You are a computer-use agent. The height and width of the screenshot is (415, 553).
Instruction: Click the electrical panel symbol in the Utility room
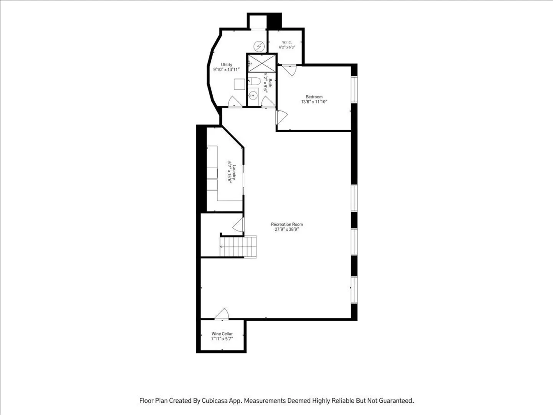click(259, 46)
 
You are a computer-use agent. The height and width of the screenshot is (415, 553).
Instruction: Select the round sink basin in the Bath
click(253, 95)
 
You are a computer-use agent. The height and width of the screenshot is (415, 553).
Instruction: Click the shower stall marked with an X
click(262, 63)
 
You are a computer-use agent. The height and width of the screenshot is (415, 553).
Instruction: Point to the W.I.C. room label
click(287, 42)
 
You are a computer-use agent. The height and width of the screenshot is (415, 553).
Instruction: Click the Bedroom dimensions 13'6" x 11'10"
click(314, 102)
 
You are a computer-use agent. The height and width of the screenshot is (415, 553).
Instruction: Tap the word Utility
click(227, 65)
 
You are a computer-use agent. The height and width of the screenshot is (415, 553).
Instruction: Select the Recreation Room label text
click(287, 224)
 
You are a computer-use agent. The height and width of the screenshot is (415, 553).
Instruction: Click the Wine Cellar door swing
click(222, 314)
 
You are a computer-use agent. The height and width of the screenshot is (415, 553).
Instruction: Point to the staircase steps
click(238, 246)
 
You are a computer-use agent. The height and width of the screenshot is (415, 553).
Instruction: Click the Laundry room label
click(234, 173)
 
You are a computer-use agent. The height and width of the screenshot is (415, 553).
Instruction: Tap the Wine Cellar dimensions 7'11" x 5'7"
click(222, 339)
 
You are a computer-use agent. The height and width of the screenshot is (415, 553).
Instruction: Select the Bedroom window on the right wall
click(354, 90)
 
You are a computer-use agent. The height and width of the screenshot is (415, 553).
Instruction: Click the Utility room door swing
click(235, 102)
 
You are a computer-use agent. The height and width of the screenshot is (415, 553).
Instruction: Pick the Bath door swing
click(268, 102)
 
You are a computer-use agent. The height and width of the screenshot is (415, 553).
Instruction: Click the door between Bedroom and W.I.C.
click(289, 70)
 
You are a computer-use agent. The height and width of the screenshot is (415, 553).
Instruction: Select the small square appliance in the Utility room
click(239, 84)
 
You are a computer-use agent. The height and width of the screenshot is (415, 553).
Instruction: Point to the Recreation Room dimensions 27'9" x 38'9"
click(287, 229)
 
